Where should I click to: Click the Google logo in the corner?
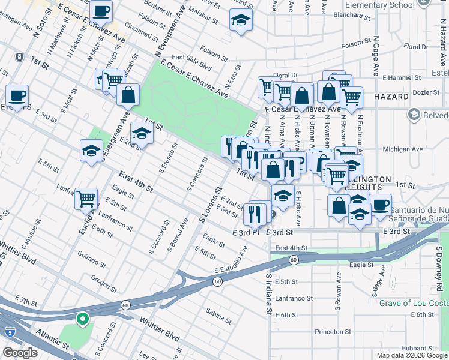20,353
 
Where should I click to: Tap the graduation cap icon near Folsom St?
241,21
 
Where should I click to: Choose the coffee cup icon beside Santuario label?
380,205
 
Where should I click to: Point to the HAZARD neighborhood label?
391,96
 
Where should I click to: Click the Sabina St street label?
218,312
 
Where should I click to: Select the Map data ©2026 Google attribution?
411,355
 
